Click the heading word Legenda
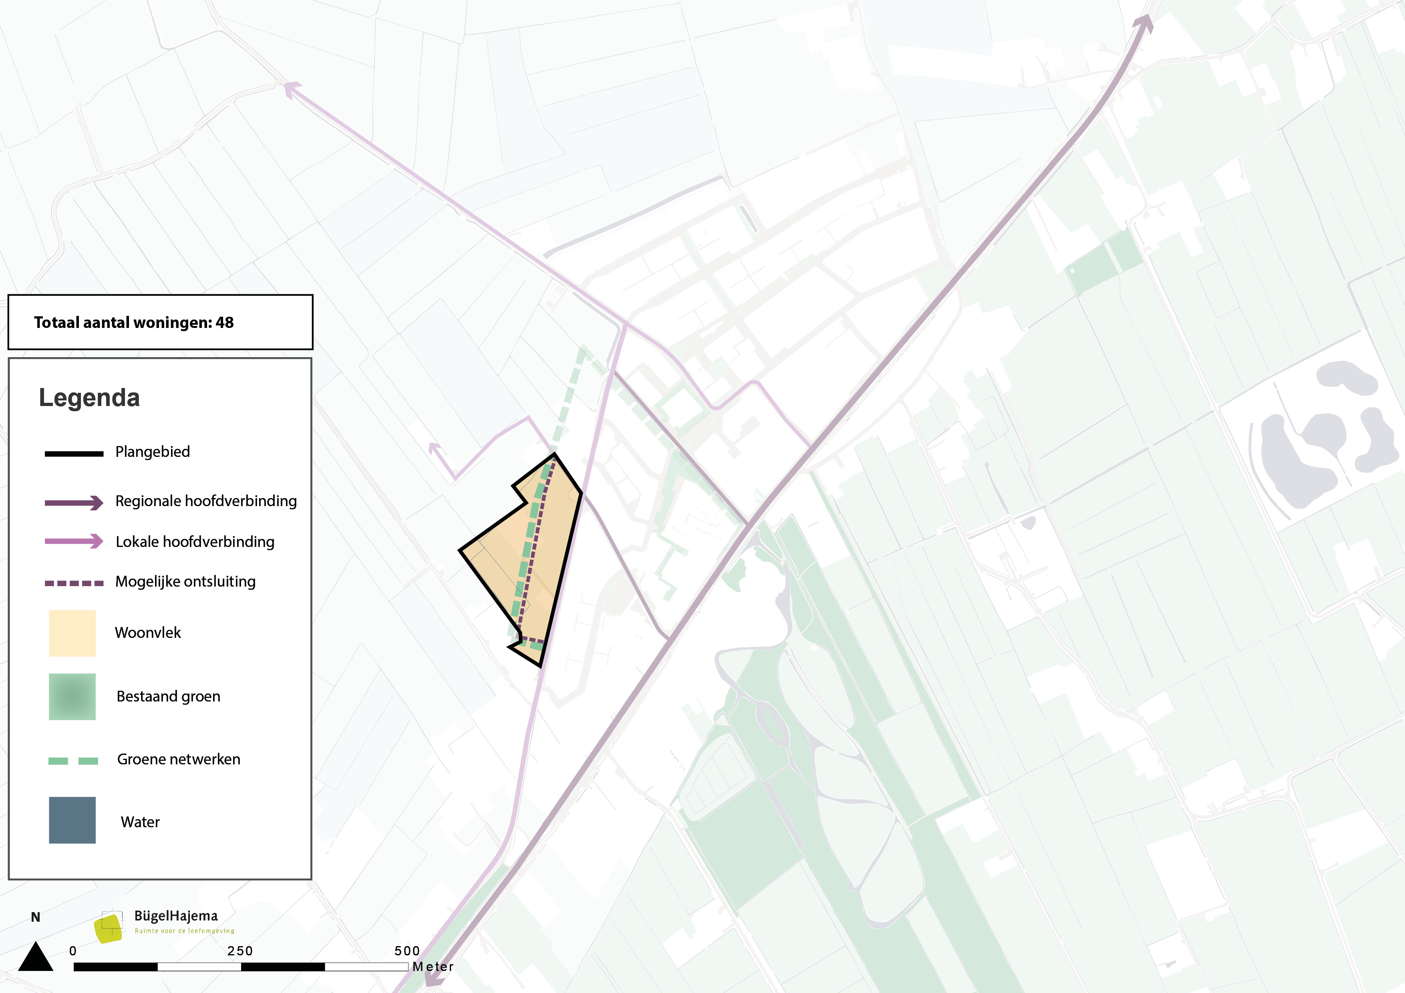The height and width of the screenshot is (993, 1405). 89,398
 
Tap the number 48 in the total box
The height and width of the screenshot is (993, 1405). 225,322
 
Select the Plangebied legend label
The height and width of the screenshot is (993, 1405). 152,452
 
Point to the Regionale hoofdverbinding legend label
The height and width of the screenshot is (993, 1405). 205,501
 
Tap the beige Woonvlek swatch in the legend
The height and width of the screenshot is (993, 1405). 72,633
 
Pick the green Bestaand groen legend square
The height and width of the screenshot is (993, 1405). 72,697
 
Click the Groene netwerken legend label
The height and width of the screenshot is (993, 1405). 179,759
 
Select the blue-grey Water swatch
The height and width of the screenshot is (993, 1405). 72,820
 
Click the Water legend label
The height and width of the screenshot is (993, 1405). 140,822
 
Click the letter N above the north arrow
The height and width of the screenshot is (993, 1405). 36,917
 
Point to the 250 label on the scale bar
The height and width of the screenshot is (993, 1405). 240,951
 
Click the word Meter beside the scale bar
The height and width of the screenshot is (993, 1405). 433,967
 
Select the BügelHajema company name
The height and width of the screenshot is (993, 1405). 175,916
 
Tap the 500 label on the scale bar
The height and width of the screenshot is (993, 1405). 407,951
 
